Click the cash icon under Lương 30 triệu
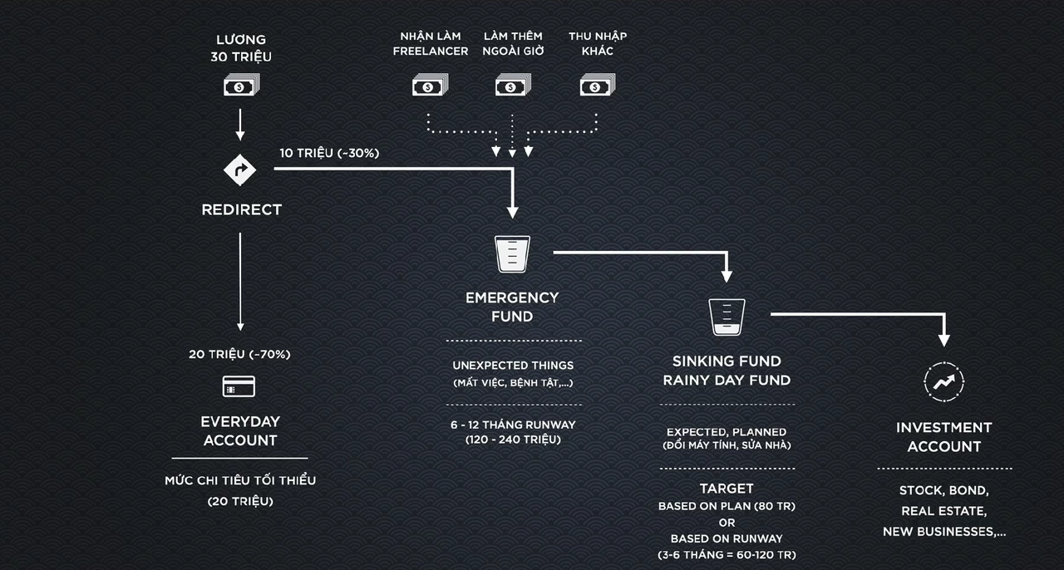pos(241,86)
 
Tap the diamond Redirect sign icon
pos(240,170)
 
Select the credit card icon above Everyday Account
pos(239,386)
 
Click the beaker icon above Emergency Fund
pos(512,253)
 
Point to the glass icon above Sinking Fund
pos(727,317)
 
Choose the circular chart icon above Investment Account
pos(944,381)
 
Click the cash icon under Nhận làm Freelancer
pos(430,86)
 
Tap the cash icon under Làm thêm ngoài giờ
pos(513,86)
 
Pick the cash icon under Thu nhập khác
pos(597,86)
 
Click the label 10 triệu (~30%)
pos(329,153)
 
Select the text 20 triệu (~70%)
pos(239,354)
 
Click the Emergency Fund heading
pos(512,307)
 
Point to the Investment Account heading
pos(944,437)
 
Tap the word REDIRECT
pos(241,210)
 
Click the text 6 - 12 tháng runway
pos(513,425)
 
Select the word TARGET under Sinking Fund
pos(727,489)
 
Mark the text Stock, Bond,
pos(944,491)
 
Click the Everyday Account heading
pos(240,430)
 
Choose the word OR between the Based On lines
pos(727,523)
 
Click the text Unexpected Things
pos(513,366)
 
